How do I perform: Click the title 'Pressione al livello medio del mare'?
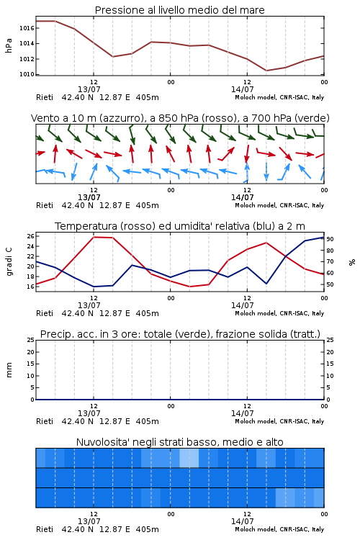click(179, 10)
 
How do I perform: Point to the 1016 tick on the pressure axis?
click(27, 28)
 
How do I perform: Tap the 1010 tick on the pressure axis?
click(27, 74)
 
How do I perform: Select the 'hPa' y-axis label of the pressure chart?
click(9, 46)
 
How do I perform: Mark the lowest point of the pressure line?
click(266, 71)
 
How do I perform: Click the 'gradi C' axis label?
click(9, 262)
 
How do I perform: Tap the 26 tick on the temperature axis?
click(31, 236)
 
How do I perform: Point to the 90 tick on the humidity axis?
click(330, 239)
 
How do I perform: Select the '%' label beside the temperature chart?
click(352, 262)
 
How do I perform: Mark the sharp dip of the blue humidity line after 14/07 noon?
click(266, 284)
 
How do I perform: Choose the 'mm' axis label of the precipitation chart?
click(9, 370)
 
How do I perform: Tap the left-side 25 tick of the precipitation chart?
click(31, 340)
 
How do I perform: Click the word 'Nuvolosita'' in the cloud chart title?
click(96, 442)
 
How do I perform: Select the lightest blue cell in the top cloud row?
click(189, 458)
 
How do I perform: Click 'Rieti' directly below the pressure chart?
click(45, 97)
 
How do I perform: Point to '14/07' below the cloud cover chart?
click(242, 521)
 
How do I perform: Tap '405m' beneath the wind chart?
click(148, 206)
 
